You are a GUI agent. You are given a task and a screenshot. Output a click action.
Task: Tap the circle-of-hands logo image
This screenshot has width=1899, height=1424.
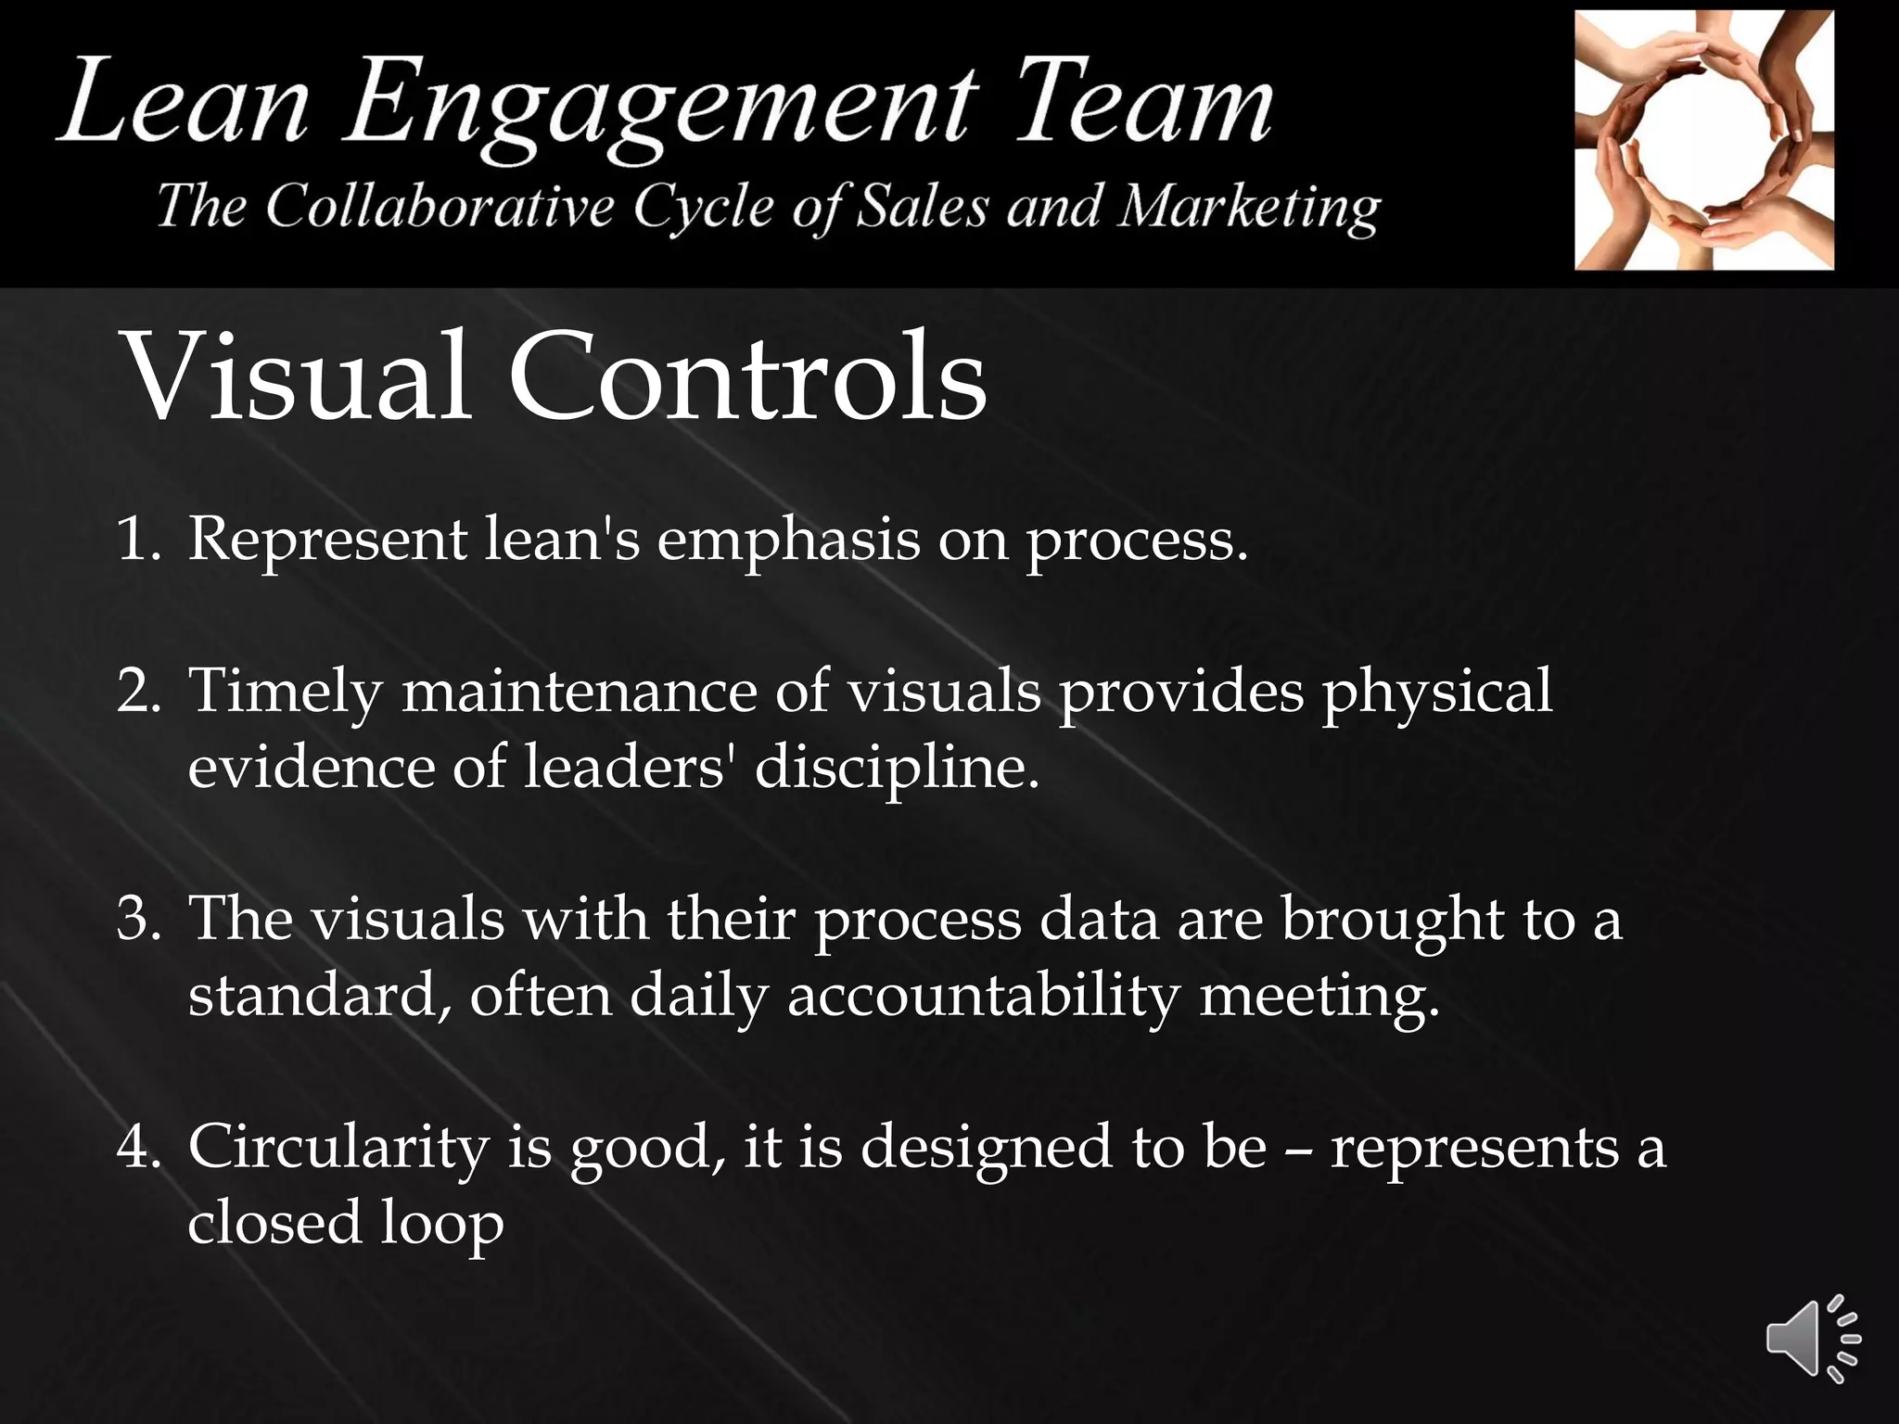pos(1703,140)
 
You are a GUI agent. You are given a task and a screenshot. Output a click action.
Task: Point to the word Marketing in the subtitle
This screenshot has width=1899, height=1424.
pos(1248,208)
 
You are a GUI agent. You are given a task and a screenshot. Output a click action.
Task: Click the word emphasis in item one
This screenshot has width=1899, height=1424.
pos(788,540)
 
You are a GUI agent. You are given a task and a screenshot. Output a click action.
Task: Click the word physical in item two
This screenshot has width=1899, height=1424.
pos(1436,693)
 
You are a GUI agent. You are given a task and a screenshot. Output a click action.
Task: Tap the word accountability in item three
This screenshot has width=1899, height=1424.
pos(983,998)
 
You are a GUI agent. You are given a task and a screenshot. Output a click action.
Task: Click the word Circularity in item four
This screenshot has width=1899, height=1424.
pos(338,1148)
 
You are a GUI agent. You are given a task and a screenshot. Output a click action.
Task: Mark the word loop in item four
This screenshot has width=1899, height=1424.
pos(442,1224)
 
